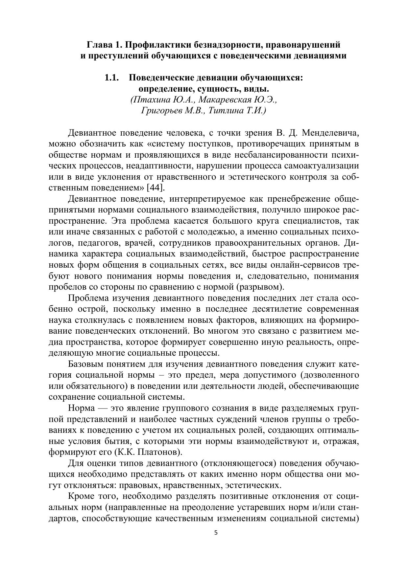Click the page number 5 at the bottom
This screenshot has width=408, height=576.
(x=216, y=533)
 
